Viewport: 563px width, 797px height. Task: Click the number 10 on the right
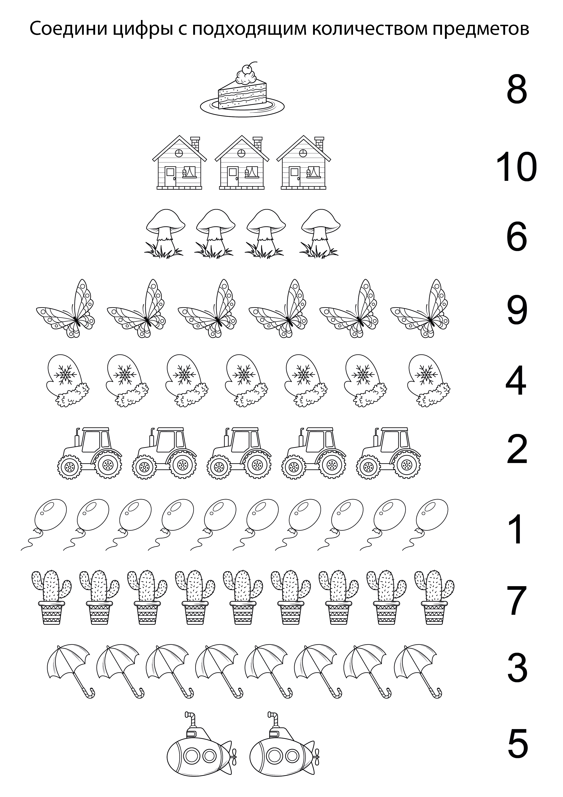[x=516, y=168]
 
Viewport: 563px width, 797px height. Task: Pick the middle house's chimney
[x=258, y=144]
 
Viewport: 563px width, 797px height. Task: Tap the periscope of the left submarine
[x=190, y=720]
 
